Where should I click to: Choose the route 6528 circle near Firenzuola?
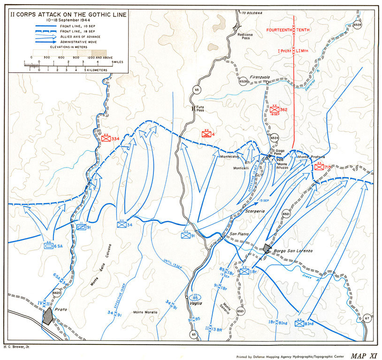click(243, 82)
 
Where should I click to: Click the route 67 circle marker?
click(367, 319)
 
